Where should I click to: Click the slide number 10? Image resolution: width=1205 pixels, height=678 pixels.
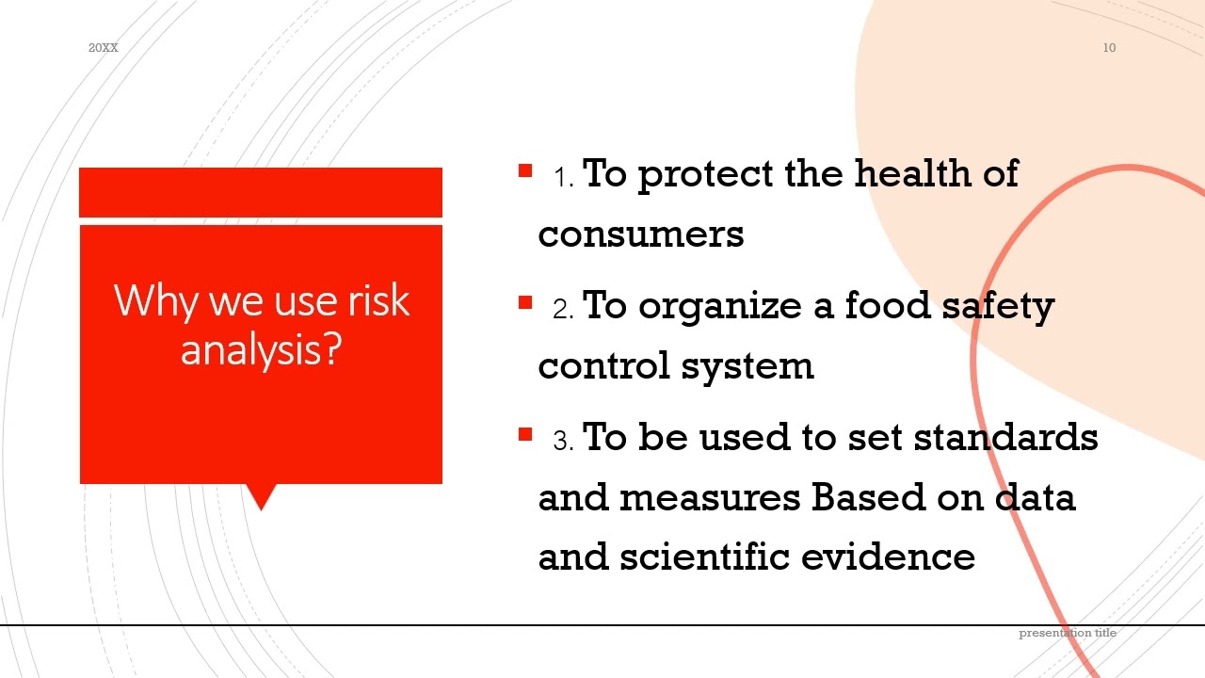point(1109,48)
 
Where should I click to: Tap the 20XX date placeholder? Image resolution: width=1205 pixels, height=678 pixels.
point(104,48)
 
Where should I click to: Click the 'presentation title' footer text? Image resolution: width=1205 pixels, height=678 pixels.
point(1068,633)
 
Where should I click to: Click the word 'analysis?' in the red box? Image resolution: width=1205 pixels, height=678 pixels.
point(260,349)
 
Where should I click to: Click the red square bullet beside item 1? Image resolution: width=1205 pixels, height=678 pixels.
point(525,171)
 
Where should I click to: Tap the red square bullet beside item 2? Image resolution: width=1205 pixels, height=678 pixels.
point(525,303)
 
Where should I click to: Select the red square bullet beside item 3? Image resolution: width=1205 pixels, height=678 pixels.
point(525,435)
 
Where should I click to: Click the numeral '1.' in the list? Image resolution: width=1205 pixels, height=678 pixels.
point(564,178)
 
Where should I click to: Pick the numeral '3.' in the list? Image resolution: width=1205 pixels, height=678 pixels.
point(564,441)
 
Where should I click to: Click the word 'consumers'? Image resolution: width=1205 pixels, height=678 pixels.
point(641,234)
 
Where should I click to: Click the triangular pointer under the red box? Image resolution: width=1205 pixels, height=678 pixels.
point(261,494)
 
